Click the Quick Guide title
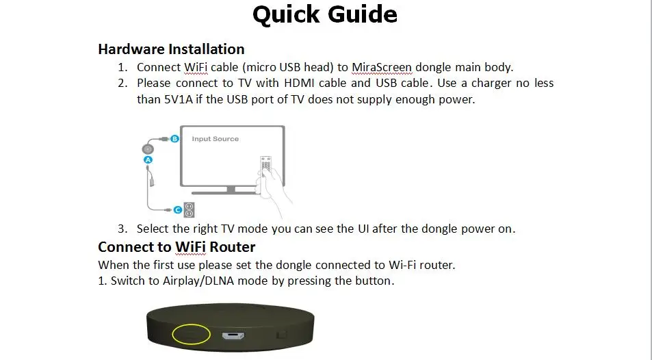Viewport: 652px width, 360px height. coord(325,15)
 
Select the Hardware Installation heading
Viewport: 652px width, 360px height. coord(171,49)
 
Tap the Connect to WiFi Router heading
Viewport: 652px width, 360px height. coord(177,247)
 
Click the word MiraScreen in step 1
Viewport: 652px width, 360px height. coord(382,68)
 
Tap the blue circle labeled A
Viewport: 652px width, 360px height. coord(148,160)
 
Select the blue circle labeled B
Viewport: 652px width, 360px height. coord(174,138)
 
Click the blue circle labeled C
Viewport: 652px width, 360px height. coord(178,210)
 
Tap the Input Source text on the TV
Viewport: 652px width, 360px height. coord(215,139)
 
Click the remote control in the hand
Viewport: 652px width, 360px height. coord(265,166)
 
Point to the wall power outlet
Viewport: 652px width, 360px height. coord(190,209)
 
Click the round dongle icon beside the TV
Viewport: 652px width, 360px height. coord(148,149)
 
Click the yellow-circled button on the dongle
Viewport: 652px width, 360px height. coord(192,334)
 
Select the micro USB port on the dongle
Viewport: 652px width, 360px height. coord(233,335)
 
